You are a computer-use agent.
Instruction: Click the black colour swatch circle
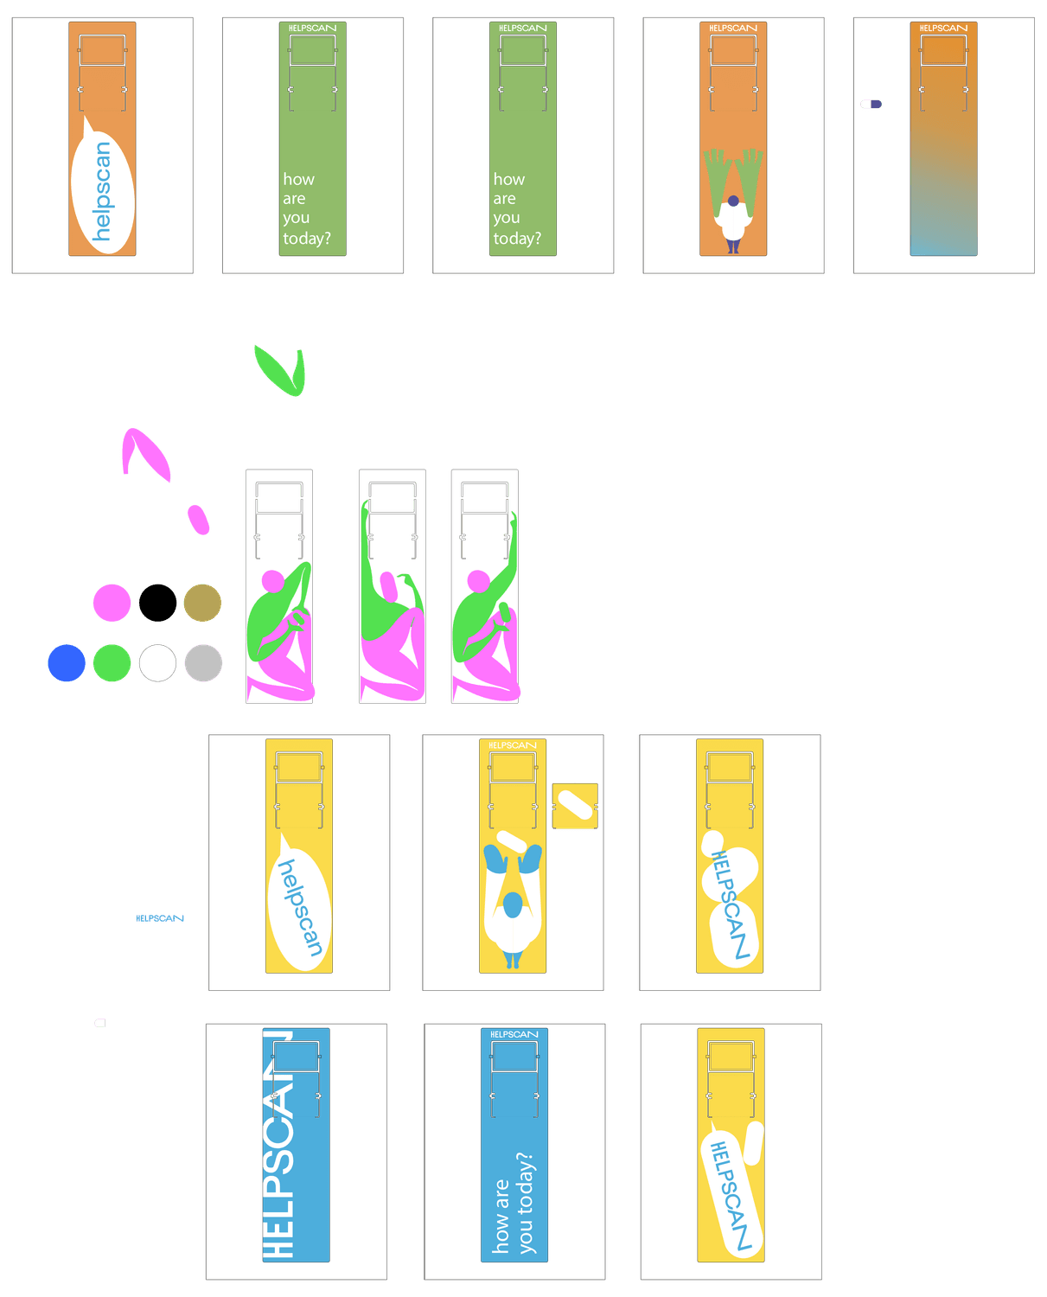coord(157,603)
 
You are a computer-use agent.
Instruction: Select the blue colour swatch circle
coord(67,663)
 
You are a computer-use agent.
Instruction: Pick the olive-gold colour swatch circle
coord(202,603)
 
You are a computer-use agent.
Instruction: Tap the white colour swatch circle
coord(157,663)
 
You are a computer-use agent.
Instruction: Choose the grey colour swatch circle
coord(203,663)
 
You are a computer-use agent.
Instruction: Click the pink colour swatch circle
coord(112,603)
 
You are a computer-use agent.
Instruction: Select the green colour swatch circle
coord(112,663)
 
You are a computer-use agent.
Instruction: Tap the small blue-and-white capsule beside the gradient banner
coord(871,104)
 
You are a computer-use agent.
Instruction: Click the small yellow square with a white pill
coord(575,806)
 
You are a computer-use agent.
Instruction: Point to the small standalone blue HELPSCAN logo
coord(161,918)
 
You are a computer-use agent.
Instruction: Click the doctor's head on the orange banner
coord(733,201)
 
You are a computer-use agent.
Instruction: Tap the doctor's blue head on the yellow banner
coord(513,904)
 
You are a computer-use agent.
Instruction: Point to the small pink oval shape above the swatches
coord(199,519)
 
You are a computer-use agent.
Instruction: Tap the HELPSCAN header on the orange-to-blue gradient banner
coord(943,29)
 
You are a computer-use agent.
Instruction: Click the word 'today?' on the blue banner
coord(526,1203)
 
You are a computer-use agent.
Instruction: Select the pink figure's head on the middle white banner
coord(388,586)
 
